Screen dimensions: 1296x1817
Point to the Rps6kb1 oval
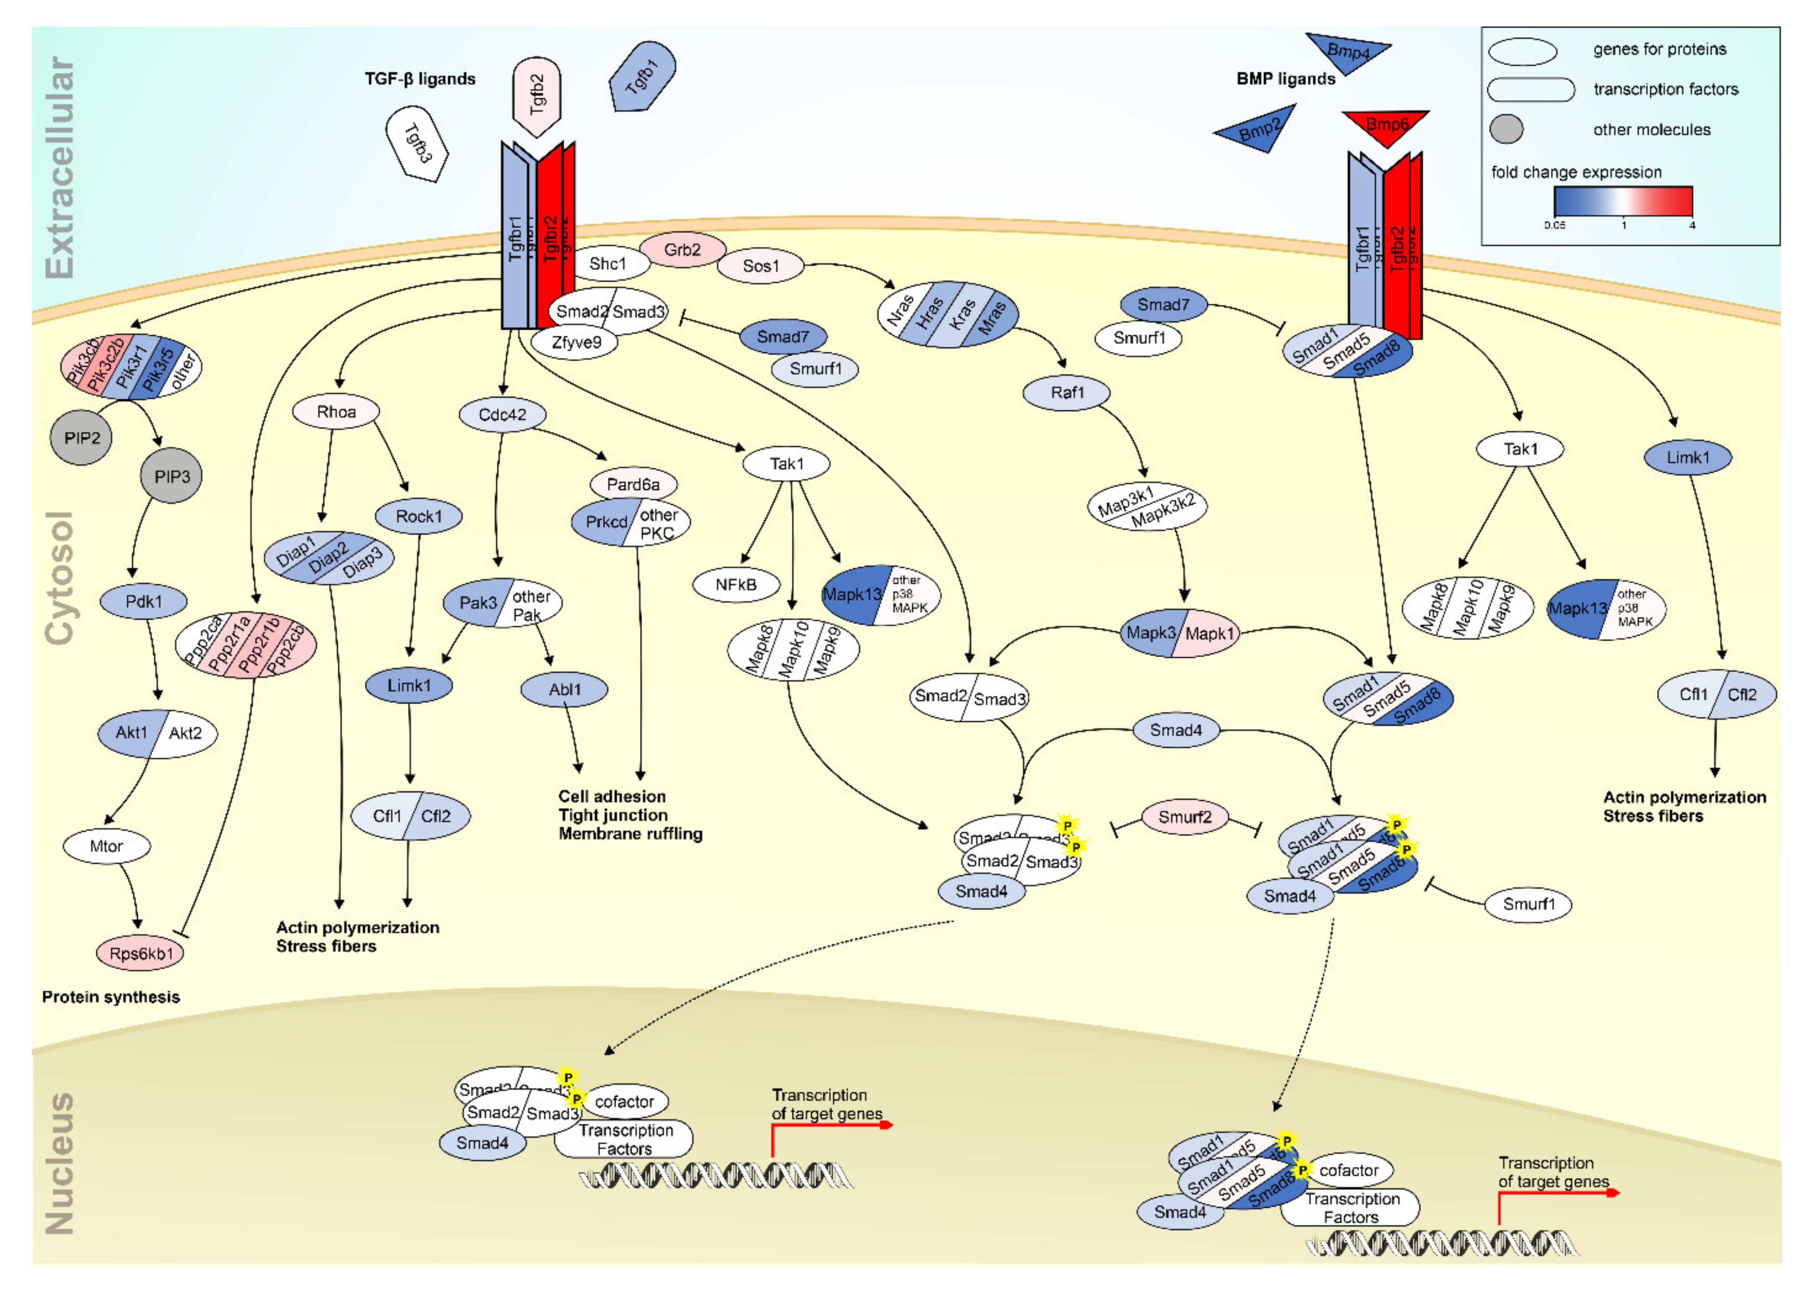pos(141,953)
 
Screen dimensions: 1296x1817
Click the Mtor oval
pos(106,846)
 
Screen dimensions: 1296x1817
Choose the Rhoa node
pos(336,412)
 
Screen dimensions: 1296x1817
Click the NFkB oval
pos(736,585)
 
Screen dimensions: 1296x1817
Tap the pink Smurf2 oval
pos(1184,817)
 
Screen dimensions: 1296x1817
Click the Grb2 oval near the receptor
pos(682,250)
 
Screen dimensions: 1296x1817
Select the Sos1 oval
pos(761,266)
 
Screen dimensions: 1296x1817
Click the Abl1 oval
pos(564,690)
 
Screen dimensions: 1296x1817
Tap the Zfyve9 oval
pos(576,343)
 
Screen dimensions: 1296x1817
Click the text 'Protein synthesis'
pos(111,997)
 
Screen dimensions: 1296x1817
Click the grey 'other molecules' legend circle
pos(1506,129)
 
